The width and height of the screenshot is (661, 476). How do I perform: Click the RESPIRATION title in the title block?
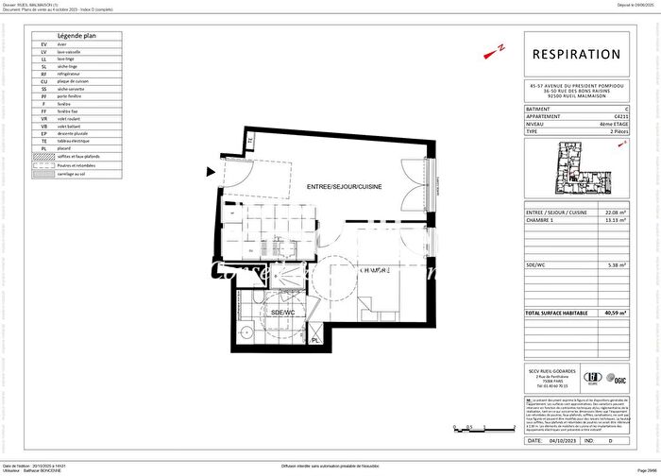576,55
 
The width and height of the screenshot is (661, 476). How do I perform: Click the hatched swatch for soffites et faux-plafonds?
43,156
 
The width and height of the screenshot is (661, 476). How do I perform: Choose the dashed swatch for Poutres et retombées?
43,165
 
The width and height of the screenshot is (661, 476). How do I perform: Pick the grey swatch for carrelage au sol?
43,175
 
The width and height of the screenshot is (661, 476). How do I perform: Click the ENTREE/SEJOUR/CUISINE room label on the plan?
344,188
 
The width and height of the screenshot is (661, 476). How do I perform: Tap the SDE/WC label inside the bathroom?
283,312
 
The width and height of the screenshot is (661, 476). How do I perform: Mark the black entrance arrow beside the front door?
210,172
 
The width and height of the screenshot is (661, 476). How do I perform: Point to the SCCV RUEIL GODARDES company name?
552,370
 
